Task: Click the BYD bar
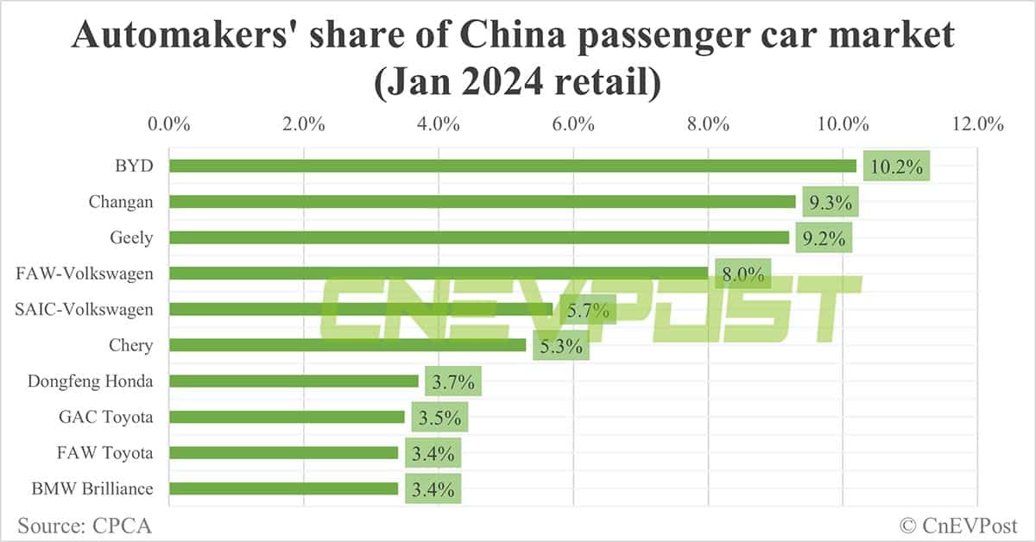[512, 166]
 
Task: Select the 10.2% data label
[898, 167]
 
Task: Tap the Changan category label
[121, 202]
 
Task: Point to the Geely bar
[479, 237]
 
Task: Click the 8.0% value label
[742, 275]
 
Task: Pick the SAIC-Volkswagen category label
[85, 309]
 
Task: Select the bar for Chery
[347, 345]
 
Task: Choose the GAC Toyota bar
[287, 417]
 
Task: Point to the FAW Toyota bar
[283, 452]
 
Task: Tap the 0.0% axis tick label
[169, 123]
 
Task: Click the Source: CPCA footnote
[78, 524]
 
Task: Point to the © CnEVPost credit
[958, 524]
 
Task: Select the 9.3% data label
[830, 203]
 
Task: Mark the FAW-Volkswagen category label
[85, 274]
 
